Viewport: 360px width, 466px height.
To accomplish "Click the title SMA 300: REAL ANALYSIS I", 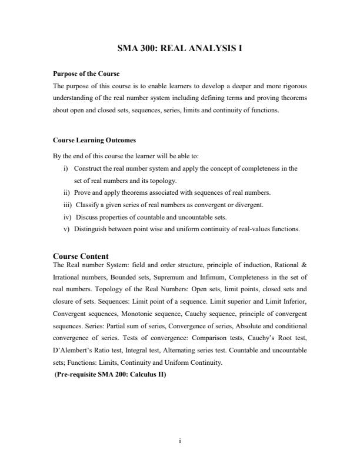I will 179,50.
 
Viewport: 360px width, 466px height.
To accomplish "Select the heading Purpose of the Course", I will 86,74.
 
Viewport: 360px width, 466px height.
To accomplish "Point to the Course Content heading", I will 81,256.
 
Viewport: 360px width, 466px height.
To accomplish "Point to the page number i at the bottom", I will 179,440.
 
